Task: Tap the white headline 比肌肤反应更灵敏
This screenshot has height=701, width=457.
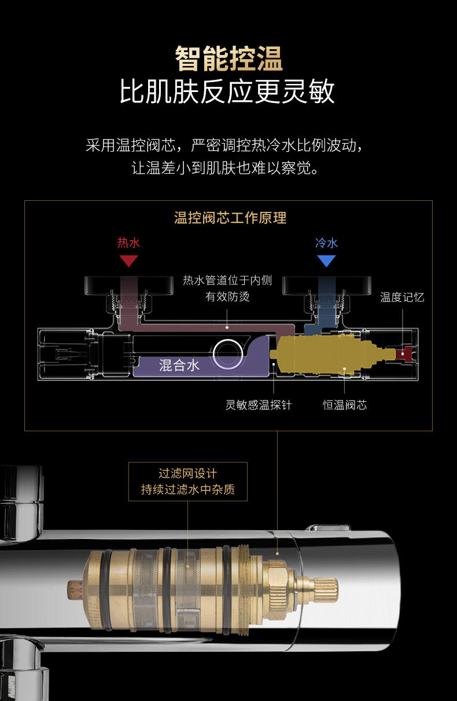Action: tap(228, 92)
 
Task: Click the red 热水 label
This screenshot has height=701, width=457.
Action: tap(128, 243)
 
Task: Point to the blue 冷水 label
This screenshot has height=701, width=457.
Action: tap(326, 243)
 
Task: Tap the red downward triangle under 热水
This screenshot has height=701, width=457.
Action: tap(128, 261)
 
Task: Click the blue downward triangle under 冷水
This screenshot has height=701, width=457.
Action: tap(326, 261)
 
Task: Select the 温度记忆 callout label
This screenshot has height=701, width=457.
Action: tap(402, 298)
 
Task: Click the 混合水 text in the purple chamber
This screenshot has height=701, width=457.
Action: tap(179, 365)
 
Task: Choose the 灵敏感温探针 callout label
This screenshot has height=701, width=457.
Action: tap(259, 405)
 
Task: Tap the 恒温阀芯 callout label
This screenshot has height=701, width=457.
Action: tap(345, 405)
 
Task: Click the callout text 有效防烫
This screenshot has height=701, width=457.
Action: tap(227, 298)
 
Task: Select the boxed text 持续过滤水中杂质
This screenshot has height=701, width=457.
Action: tap(188, 490)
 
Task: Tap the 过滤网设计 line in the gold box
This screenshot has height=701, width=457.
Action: tap(188, 474)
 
